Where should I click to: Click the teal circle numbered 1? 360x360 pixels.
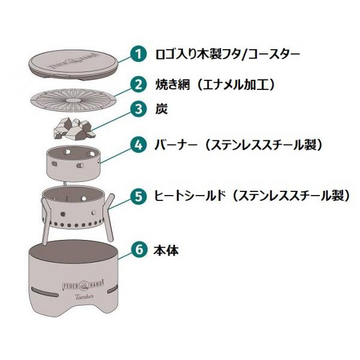139,54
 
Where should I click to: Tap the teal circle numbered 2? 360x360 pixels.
139,85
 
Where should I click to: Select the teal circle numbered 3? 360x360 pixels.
139,109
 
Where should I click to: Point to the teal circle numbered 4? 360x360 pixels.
139,145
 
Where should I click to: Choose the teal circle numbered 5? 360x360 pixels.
139,196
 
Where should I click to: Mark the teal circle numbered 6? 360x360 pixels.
139,250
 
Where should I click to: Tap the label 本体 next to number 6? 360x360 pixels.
166,250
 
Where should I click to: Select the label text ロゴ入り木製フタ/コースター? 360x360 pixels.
228,55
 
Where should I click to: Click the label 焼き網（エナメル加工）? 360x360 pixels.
215,85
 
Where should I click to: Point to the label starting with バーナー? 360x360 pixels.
238,145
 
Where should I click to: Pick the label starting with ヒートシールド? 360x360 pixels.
251,196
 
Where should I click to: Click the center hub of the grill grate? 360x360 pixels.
74,101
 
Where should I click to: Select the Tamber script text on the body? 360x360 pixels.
85,296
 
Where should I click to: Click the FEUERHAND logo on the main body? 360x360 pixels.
83,286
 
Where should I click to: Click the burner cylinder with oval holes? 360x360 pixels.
73,163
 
